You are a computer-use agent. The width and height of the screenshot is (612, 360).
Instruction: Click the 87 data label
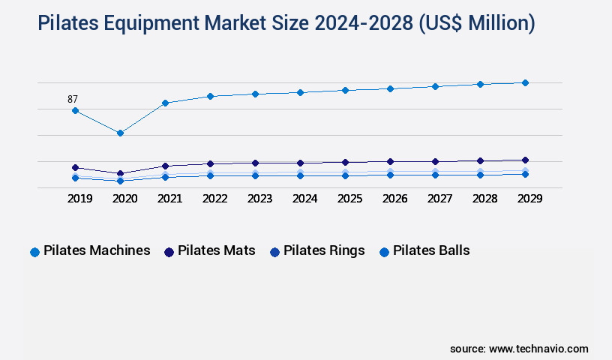pos(73,99)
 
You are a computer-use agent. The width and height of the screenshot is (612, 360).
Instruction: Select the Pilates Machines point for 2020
pos(120,133)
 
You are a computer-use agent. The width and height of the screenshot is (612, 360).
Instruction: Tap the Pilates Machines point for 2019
pos(75,110)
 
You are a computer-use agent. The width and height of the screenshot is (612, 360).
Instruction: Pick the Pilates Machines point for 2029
pos(525,82)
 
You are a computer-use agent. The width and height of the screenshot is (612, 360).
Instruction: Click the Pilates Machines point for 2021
pos(165,103)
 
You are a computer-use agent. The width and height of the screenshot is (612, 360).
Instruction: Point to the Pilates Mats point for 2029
pos(525,160)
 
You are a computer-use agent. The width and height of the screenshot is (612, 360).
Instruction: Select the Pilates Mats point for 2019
pos(75,167)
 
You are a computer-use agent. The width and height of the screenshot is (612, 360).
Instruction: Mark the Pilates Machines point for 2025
pos(345,90)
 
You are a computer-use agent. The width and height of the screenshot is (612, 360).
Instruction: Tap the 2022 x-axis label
pos(214,199)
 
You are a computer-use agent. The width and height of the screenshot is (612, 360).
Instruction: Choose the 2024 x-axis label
pos(304,199)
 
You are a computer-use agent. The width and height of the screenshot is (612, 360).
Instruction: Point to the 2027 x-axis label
pos(439,199)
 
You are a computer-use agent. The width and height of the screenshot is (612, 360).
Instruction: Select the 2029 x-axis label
pos(529,199)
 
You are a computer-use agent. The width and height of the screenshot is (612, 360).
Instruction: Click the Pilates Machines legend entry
pos(90,251)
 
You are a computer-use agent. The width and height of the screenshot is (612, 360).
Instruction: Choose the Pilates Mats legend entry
pos(209,251)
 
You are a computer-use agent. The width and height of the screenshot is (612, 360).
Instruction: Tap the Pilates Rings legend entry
pos(317,251)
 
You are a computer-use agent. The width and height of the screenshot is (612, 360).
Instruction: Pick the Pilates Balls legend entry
pos(424,251)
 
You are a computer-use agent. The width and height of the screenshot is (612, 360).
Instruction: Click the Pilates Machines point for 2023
pos(255,94)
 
